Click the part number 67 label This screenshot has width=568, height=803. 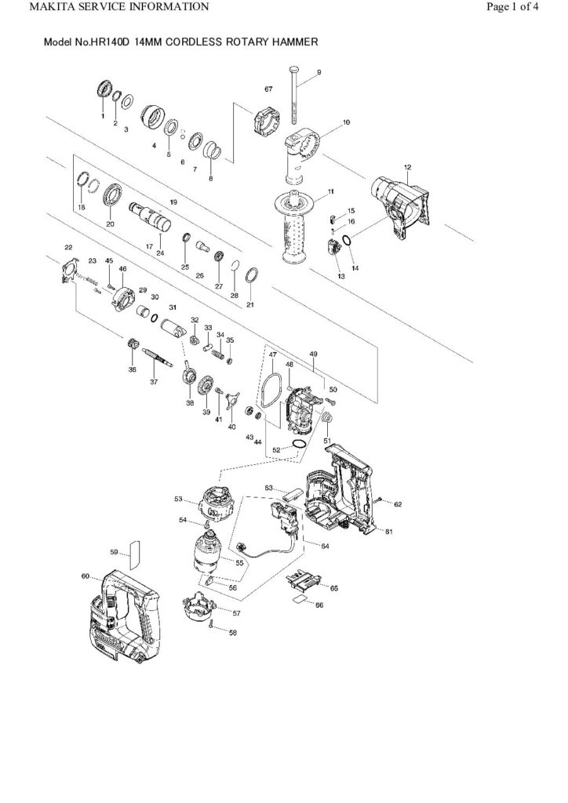coord(268,90)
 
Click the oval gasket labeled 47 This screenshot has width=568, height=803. coord(271,390)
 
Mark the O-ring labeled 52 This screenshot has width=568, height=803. coord(299,445)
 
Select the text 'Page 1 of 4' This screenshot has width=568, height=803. coord(523,7)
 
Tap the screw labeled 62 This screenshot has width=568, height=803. coord(378,500)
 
